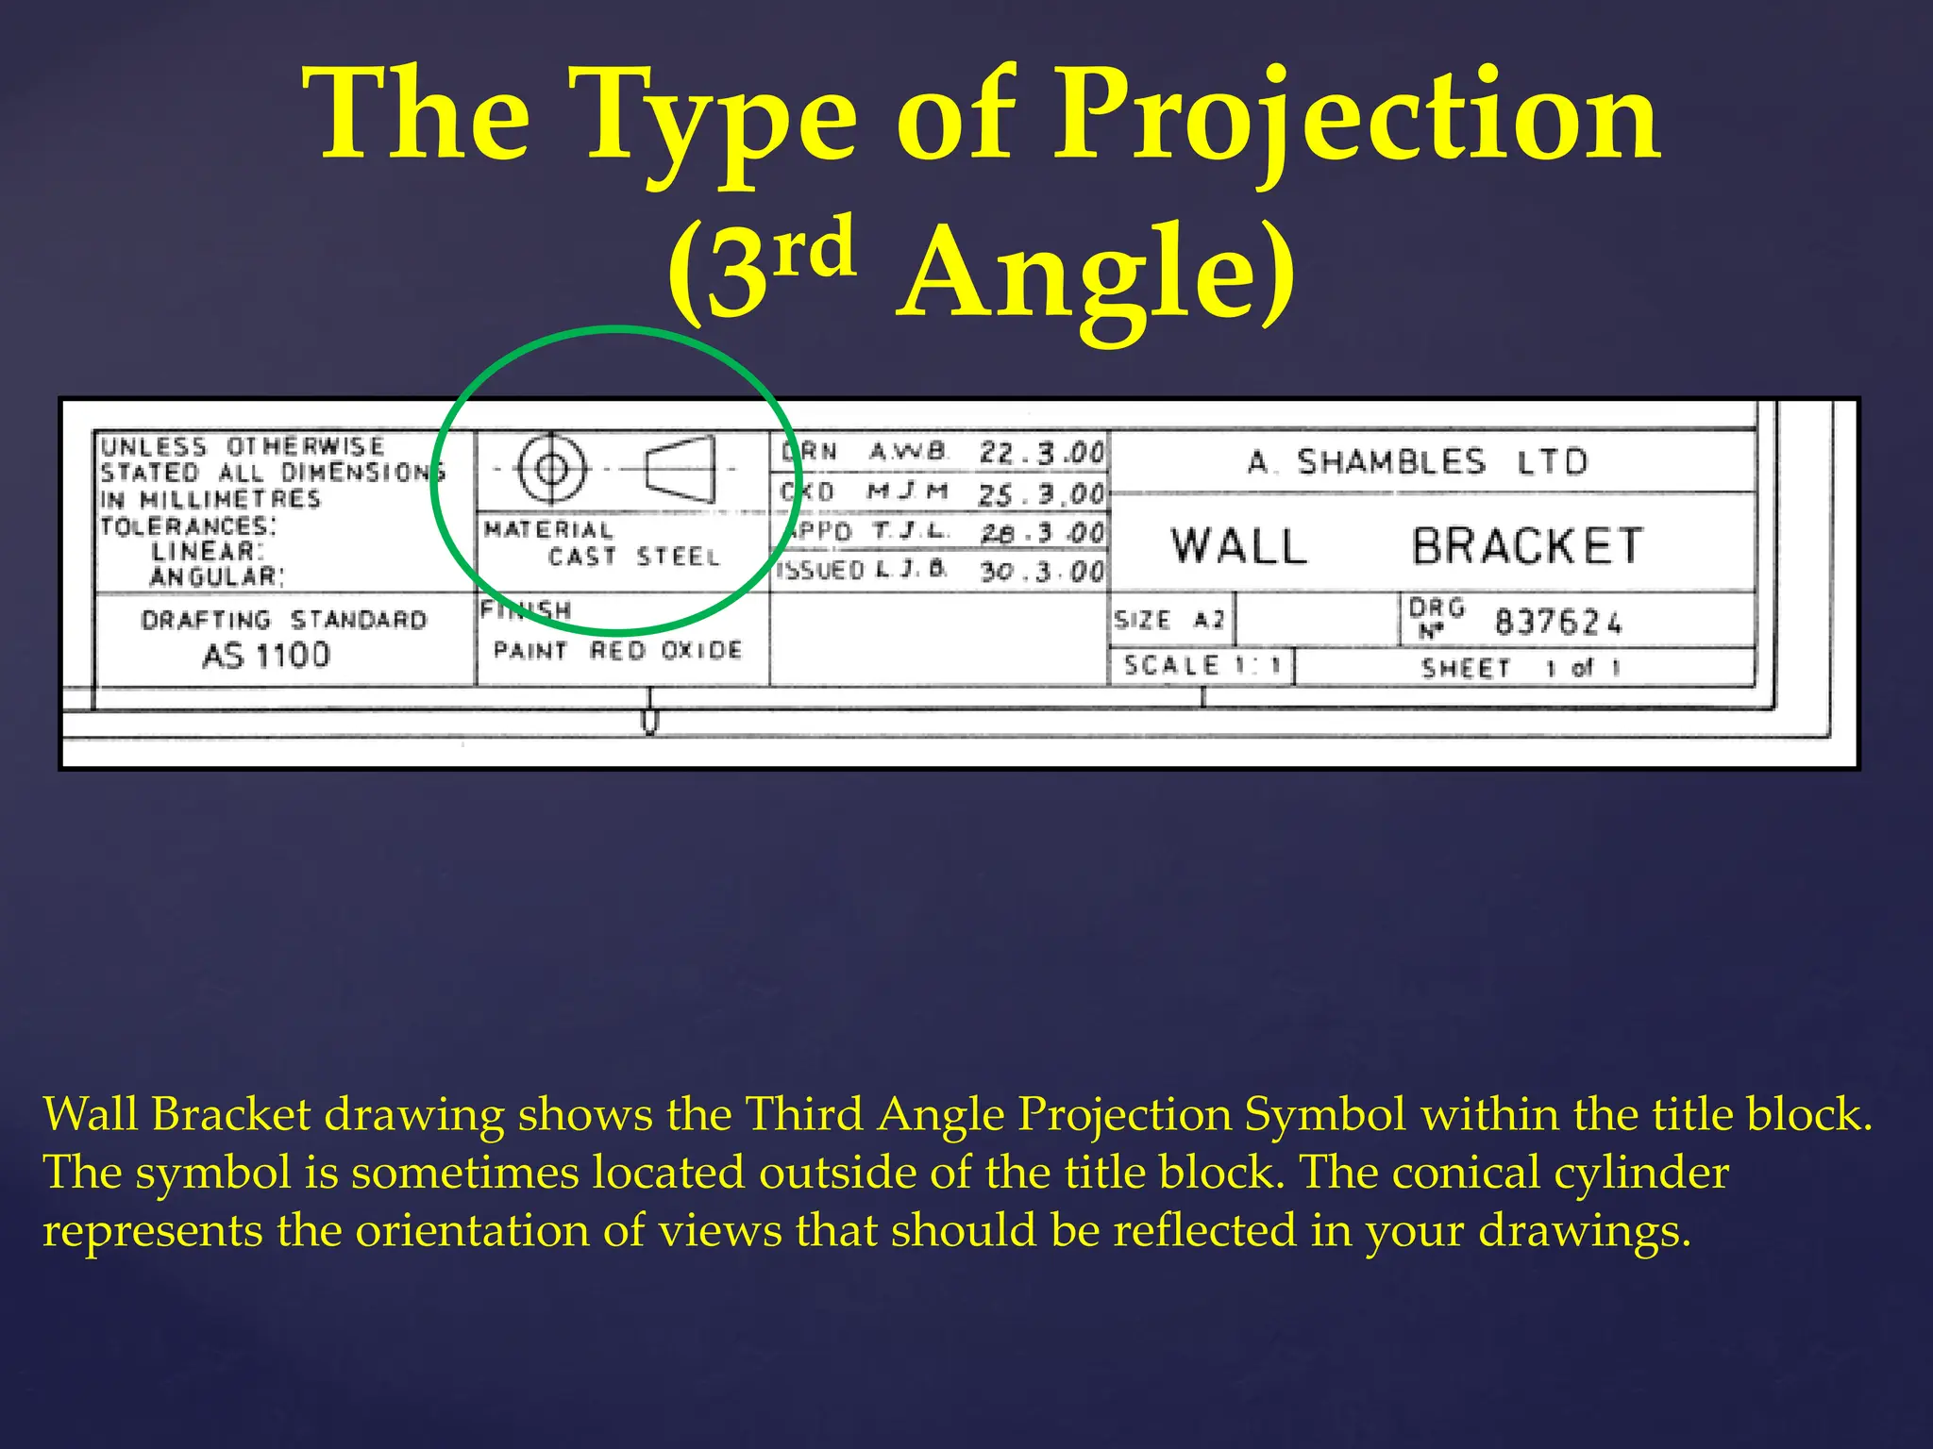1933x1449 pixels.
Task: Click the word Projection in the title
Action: [1355, 118]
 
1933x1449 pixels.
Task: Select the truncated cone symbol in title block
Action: [681, 468]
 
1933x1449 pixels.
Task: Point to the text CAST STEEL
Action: [633, 557]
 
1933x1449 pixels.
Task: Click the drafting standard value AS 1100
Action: [266, 655]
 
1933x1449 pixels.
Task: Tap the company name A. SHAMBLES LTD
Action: [1418, 462]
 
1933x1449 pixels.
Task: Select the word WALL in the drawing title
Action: [1238, 546]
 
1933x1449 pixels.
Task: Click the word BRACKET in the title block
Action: [1527, 546]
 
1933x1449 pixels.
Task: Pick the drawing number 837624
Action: [1557, 623]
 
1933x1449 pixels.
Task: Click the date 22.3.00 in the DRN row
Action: [1041, 453]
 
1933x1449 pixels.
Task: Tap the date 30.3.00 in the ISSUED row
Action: [1041, 571]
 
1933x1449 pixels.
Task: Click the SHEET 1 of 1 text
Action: [1521, 668]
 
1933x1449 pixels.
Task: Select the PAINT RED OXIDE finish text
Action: [617, 650]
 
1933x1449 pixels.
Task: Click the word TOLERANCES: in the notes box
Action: [189, 525]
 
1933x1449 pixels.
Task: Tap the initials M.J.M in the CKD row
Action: [907, 491]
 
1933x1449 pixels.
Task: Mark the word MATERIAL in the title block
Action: [547, 529]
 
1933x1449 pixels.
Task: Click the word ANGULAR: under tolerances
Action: [216, 576]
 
